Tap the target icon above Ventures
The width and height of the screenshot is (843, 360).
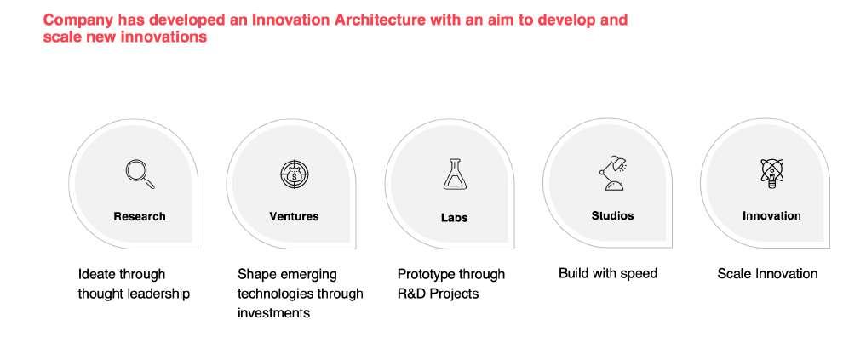pos(295,174)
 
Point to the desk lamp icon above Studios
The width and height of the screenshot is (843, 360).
pos(613,173)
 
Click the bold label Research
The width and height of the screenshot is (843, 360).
pos(140,216)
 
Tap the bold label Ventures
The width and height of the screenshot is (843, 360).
pos(294,216)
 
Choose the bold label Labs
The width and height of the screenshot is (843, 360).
pos(455,218)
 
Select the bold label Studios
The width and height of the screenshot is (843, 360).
pos(612,215)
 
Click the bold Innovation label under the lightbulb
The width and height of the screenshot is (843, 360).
pos(771,215)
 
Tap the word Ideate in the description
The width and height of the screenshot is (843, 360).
pos(96,274)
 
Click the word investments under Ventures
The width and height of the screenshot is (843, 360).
pos(273,313)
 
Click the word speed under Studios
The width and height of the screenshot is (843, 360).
pos(639,273)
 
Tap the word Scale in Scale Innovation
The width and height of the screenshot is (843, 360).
pos(734,273)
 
